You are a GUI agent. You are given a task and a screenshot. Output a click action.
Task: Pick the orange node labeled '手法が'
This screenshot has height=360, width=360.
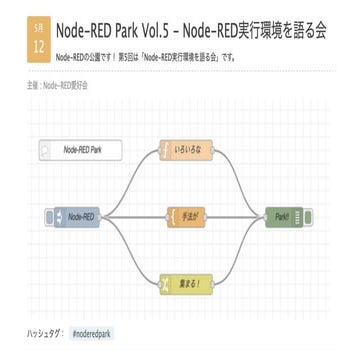click(x=187, y=215)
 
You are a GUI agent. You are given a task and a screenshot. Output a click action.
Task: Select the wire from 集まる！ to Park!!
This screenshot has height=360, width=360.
click(x=240, y=250)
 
